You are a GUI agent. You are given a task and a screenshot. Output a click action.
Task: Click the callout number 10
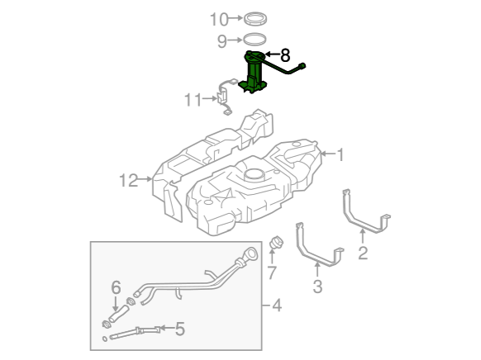219,19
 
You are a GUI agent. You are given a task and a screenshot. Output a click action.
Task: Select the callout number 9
221,41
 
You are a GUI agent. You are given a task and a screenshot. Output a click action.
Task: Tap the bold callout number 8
285,55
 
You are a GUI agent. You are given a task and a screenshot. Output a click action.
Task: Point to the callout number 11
193,100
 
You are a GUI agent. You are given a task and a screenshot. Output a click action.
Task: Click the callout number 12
129,181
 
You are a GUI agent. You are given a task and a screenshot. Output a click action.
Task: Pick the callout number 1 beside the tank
341,154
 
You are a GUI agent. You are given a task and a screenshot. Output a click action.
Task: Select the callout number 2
363,253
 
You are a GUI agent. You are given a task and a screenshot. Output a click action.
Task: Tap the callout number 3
318,287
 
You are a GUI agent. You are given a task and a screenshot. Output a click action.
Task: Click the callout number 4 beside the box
277,306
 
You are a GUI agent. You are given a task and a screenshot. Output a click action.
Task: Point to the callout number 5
180,329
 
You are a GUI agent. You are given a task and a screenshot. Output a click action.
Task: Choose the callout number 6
116,287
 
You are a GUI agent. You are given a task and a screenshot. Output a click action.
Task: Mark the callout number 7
272,272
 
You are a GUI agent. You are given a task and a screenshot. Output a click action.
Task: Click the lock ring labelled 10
255,19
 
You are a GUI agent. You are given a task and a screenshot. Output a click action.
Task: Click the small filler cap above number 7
276,242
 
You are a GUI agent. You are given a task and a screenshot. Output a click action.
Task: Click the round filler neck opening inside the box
251,253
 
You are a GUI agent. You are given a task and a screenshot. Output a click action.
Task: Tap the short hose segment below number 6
118,314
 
